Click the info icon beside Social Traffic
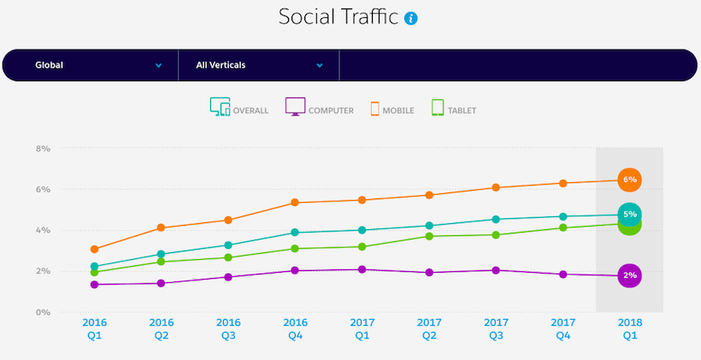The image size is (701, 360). coord(412,19)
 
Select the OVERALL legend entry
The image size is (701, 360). coord(239,109)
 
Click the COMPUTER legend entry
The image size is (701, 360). coord(319,109)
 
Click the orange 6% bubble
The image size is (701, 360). coord(629,180)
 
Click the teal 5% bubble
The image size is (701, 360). coord(629,214)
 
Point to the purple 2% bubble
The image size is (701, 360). coord(629,275)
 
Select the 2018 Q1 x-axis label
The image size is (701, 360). coord(629,330)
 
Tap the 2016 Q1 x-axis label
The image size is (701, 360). coord(94,330)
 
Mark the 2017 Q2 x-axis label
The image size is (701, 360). coord(429,330)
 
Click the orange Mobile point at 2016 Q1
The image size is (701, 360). coord(94,250)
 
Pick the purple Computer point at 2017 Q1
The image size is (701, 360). coord(362,269)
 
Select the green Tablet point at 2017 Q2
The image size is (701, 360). coord(429,236)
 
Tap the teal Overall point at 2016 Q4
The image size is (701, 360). coord(295,232)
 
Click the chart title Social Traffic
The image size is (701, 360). coord(338,18)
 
